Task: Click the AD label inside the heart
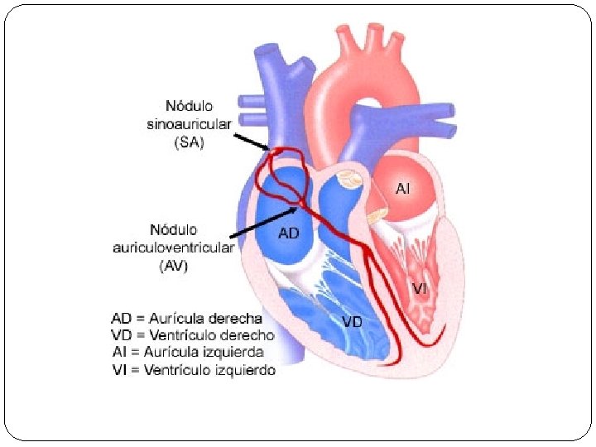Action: point(288,233)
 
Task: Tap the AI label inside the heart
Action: point(402,189)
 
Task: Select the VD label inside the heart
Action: point(352,321)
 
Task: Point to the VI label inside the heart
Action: point(420,289)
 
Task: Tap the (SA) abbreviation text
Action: point(188,142)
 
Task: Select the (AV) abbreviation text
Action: point(175,265)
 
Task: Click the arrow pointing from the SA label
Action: point(252,141)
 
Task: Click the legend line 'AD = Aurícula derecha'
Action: point(186,318)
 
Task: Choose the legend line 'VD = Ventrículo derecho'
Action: point(192,335)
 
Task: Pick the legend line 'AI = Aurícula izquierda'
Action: point(187,353)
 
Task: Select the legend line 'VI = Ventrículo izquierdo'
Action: point(193,370)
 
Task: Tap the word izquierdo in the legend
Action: point(244,370)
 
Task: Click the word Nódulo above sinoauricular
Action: point(189,106)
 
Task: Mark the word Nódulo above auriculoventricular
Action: point(174,228)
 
